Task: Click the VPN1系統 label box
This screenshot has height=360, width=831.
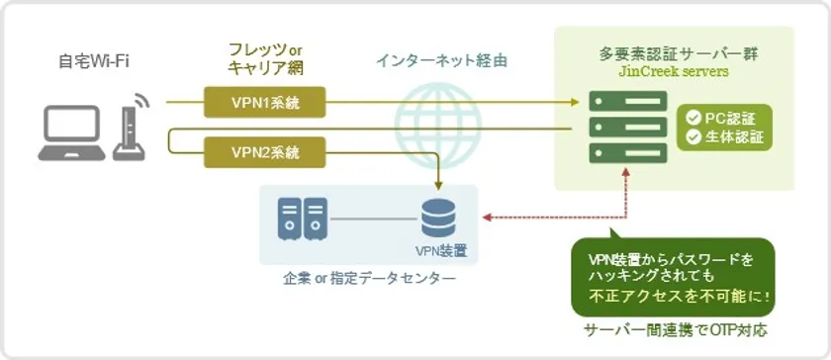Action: pyautogui.click(x=264, y=102)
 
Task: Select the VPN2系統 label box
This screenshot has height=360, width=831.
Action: pyautogui.click(x=264, y=152)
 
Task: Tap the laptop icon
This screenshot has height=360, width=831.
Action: pyautogui.click(x=71, y=134)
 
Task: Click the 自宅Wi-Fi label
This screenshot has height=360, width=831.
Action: pyautogui.click(x=94, y=62)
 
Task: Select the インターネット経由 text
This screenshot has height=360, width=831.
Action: pyautogui.click(x=441, y=61)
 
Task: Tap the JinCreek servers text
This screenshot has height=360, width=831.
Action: pyautogui.click(x=673, y=72)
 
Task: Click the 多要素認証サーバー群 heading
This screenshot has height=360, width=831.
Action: pyautogui.click(x=673, y=54)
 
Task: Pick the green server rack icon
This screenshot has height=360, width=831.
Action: pyautogui.click(x=627, y=128)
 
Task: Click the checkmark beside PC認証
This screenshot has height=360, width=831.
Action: pyautogui.click(x=693, y=119)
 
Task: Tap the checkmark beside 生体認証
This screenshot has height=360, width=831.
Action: pyautogui.click(x=693, y=136)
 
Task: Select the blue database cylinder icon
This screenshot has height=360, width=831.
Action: pyautogui.click(x=438, y=218)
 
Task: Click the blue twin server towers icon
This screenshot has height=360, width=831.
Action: pyautogui.click(x=302, y=219)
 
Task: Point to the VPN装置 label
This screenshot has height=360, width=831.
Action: pyautogui.click(x=441, y=250)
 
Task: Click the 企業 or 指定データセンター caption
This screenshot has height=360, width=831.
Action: pyautogui.click(x=369, y=278)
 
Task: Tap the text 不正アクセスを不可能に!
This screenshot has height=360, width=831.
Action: pyautogui.click(x=680, y=296)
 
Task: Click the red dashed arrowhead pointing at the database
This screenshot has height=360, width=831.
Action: pyautogui.click(x=486, y=217)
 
